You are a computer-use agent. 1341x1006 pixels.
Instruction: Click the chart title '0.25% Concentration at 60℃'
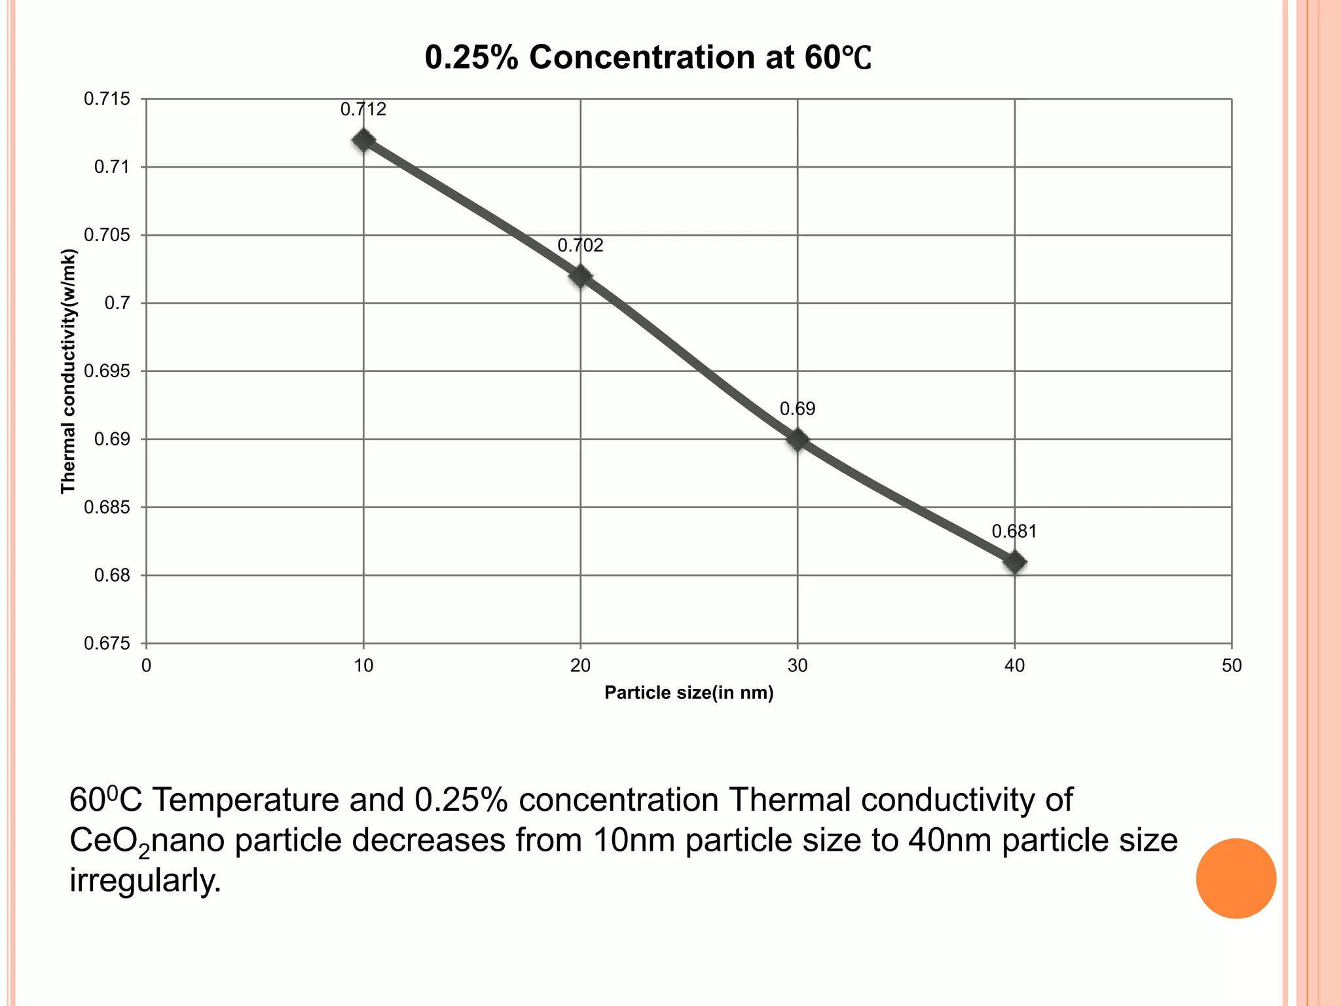[x=648, y=58]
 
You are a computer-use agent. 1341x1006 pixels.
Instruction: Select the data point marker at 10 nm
[x=363, y=140]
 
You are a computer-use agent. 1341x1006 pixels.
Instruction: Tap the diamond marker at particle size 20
[x=580, y=276]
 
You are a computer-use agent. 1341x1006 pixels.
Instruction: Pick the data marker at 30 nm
[x=798, y=439]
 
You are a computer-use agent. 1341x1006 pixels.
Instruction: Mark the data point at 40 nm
[x=1014, y=562]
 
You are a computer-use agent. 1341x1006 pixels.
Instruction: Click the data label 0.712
[x=363, y=109]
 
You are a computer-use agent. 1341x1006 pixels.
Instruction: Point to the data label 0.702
[x=580, y=246]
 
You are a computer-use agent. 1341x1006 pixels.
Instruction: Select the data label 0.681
[x=1014, y=531]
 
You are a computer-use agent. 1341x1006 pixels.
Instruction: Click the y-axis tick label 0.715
[x=107, y=99]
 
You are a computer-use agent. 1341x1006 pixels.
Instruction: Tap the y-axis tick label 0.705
[x=107, y=235]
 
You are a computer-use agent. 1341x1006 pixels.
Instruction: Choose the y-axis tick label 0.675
[x=107, y=644]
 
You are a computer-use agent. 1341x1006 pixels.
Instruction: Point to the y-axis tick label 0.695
[x=107, y=371]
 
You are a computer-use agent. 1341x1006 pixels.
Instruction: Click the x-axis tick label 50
[x=1232, y=666]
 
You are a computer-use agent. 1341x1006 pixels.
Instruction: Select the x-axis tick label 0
[x=146, y=666]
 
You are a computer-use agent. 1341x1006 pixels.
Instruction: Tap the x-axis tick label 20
[x=580, y=666]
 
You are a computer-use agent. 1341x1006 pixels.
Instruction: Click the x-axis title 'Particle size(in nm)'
[x=689, y=693]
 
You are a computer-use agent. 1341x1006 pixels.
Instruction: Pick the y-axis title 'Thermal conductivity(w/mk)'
[x=68, y=371]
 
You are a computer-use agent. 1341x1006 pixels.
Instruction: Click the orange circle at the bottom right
[x=1236, y=878]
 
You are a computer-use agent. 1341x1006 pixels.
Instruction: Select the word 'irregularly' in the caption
[x=145, y=881]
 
